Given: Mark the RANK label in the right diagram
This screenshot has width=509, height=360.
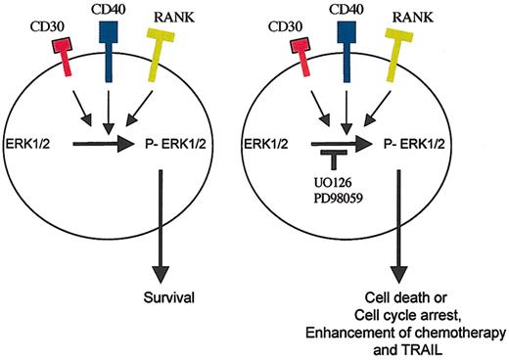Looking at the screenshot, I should click(x=426, y=16).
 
